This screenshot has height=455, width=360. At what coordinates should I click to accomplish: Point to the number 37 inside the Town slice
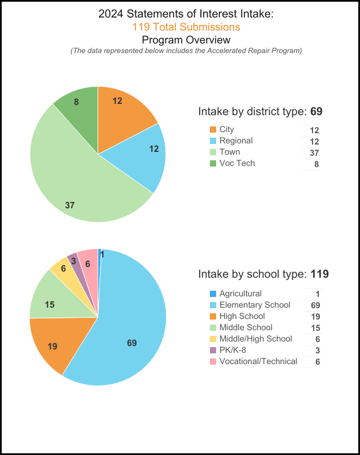tap(70, 205)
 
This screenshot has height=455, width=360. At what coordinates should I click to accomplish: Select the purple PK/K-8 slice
tap(73, 261)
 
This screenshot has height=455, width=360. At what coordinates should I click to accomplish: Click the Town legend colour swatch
tap(213, 152)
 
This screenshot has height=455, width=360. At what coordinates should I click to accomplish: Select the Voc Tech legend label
tap(237, 163)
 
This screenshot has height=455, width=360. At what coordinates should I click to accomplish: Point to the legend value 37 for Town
tap(314, 153)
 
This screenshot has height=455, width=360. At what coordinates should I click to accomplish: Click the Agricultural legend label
tap(240, 294)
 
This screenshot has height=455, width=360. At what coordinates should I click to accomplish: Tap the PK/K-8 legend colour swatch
tap(213, 351)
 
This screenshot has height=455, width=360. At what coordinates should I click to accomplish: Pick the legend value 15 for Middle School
tap(315, 328)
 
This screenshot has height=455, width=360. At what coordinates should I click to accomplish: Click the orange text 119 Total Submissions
tap(186, 27)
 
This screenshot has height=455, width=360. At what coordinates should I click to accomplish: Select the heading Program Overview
tap(186, 40)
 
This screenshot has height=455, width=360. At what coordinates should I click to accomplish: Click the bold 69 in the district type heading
tap(316, 111)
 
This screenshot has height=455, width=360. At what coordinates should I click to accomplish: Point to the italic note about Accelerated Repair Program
tap(186, 51)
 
